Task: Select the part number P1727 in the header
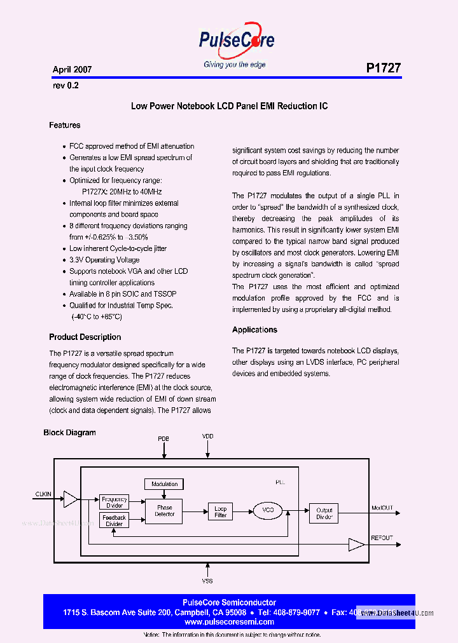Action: [383, 68]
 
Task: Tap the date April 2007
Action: [72, 70]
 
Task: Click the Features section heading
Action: [65, 125]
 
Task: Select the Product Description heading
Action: [85, 337]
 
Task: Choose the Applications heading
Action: [254, 330]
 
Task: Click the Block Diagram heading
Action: [69, 433]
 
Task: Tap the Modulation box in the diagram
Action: [165, 484]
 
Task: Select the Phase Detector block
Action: [165, 511]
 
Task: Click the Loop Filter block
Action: [220, 511]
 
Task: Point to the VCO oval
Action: [267, 510]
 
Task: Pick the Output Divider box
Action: [324, 513]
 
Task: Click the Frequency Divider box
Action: [114, 502]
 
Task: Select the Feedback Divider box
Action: [114, 520]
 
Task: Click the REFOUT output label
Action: [382, 537]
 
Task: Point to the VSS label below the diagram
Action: [207, 581]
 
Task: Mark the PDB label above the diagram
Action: [163, 439]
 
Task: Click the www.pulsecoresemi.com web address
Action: [229, 622]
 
